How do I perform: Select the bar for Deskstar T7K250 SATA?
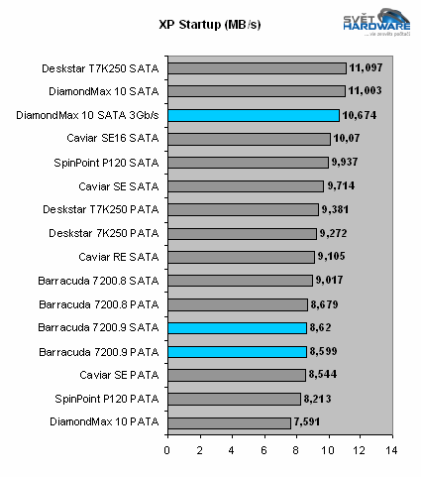[x=258, y=68]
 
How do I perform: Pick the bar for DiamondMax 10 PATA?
[x=229, y=422]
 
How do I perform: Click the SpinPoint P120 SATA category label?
[x=109, y=163]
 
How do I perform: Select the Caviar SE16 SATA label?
[x=112, y=139]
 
